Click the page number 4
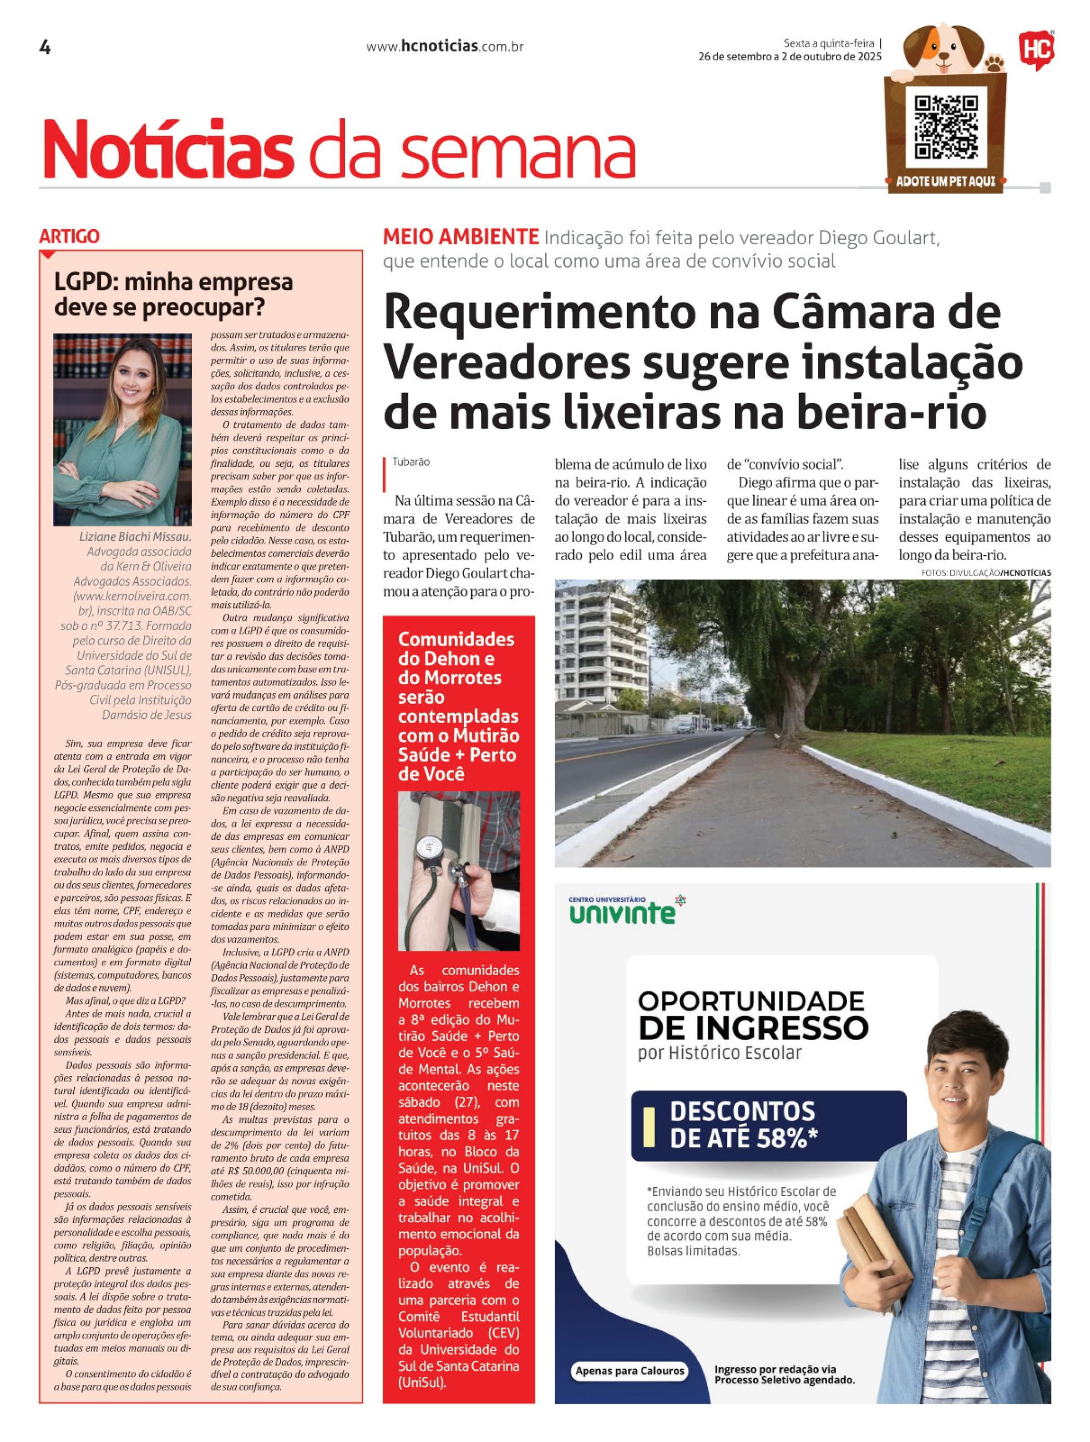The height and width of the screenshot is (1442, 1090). pos(45,48)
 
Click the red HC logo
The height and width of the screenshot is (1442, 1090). pos(1036,49)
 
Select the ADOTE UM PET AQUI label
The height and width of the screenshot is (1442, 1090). pos(946,181)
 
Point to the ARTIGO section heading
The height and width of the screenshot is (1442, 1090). pos(69,237)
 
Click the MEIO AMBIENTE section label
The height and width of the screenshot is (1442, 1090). pos(461,237)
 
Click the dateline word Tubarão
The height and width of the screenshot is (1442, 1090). pos(410,462)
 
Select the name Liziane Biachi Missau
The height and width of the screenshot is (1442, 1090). pos(136,537)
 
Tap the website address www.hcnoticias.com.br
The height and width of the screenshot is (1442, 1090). pos(445,47)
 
